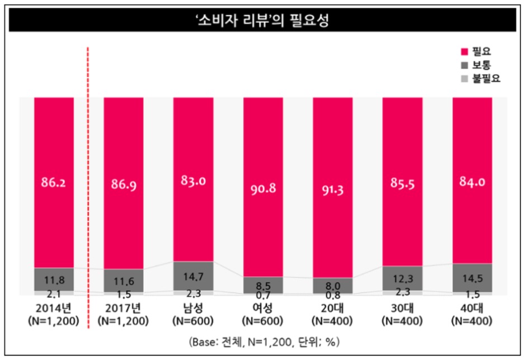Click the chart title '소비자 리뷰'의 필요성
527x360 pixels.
coord(263,21)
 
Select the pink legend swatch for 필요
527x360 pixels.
coord(463,52)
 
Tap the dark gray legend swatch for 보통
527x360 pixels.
coord(463,65)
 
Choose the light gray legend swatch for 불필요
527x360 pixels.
coord(463,78)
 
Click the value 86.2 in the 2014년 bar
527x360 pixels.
coord(54,182)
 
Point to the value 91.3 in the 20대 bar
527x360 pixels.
coord(332,188)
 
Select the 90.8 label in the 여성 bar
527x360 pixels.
coord(263,188)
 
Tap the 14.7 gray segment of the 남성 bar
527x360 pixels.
coord(193,276)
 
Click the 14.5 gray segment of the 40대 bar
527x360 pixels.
coord(472,277)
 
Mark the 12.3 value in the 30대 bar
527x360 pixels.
coord(402,278)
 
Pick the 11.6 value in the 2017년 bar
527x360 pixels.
coord(124,281)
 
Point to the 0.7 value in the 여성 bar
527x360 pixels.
coord(263,294)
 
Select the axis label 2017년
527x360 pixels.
coord(124,308)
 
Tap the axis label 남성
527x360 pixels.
coord(193,308)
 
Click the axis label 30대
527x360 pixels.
coord(402,308)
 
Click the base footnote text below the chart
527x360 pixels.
coord(263,340)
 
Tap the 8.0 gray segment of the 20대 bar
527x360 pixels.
coord(332,285)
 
